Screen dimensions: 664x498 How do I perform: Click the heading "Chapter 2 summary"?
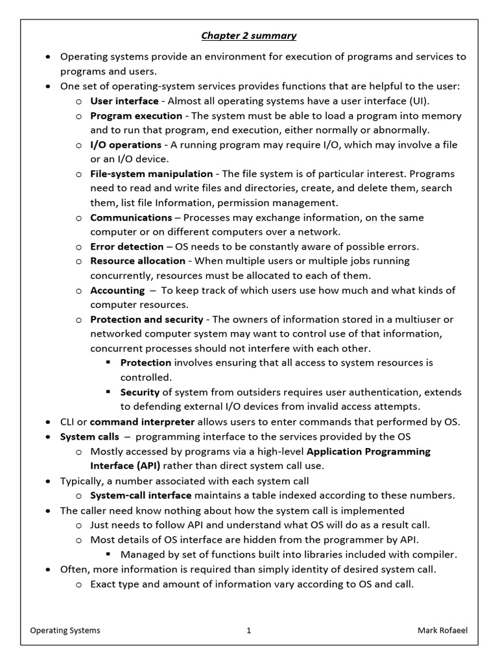(248, 36)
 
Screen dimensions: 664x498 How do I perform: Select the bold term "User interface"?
(124, 101)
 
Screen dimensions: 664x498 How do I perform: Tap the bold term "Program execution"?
(136, 115)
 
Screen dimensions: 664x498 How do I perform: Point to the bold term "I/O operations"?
(126, 145)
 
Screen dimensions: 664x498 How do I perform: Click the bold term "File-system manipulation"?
(151, 174)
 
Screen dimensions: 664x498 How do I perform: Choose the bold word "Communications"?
(131, 217)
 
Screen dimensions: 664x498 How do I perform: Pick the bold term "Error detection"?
(127, 246)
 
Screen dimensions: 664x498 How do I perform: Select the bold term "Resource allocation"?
(137, 261)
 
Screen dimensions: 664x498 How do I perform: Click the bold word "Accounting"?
(117, 290)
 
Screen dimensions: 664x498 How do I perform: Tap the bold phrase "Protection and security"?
(147, 319)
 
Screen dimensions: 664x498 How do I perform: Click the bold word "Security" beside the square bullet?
(139, 392)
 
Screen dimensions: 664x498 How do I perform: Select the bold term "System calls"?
(89, 436)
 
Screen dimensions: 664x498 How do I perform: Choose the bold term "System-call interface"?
(141, 495)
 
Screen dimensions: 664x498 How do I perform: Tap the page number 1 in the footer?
(248, 630)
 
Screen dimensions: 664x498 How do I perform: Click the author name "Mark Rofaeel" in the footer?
(442, 630)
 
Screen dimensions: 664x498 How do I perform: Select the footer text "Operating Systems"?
(65, 630)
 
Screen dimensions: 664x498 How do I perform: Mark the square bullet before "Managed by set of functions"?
(108, 554)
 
